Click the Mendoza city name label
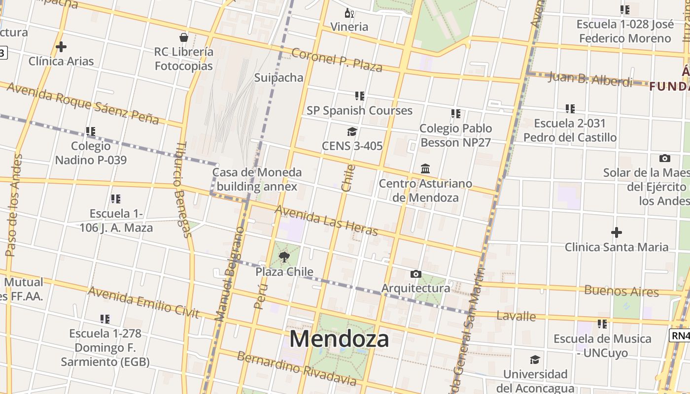(339, 339)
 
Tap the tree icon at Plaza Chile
(284, 257)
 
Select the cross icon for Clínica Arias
(61, 47)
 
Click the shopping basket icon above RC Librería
(184, 37)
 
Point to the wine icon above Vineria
(349, 13)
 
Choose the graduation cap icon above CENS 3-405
(352, 131)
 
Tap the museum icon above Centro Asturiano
(425, 169)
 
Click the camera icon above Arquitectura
(415, 274)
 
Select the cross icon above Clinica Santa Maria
(616, 232)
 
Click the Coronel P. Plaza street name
(337, 60)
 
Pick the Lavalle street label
(516, 316)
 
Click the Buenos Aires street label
(621, 291)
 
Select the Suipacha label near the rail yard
(278, 77)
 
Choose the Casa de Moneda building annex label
(257, 179)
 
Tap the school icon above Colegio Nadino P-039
(91, 131)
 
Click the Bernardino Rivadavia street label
(296, 368)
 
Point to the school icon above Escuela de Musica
(602, 324)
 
